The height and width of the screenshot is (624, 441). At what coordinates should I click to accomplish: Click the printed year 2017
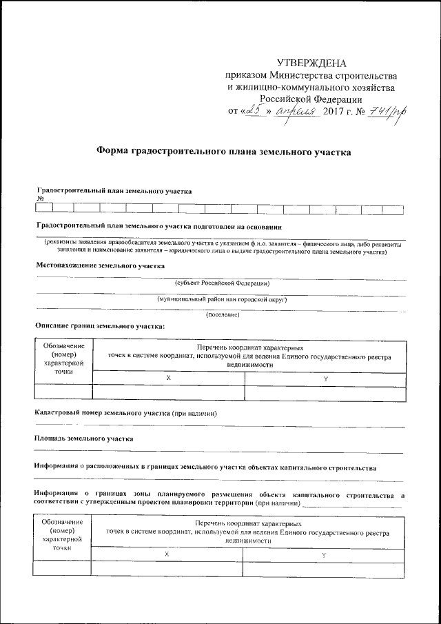[336, 112]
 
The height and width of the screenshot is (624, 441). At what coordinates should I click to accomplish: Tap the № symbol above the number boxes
[39, 198]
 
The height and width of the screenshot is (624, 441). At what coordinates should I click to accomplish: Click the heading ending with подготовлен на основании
[158, 226]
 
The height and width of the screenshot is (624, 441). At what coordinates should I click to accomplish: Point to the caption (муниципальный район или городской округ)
[222, 299]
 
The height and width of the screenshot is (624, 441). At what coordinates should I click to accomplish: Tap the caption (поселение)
[223, 315]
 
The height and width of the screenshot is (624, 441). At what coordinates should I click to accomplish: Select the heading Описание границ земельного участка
[99, 326]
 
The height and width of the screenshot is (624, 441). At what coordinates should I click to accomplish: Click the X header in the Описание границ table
[168, 378]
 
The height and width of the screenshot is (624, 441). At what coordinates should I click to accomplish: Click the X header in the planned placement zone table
[167, 554]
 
